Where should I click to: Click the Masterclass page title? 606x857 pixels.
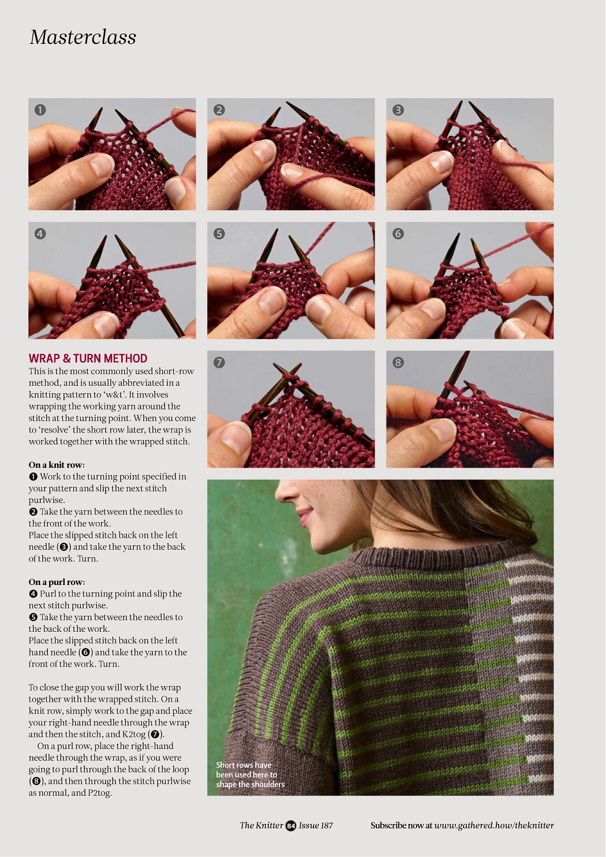click(x=83, y=38)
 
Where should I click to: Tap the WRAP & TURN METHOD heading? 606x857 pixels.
click(x=88, y=359)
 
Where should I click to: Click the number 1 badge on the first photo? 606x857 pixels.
click(x=40, y=110)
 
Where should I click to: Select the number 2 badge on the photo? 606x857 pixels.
click(x=219, y=110)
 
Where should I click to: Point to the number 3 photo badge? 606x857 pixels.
click(x=398, y=110)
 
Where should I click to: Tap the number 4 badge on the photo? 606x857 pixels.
click(x=40, y=234)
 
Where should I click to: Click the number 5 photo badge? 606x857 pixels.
click(x=219, y=234)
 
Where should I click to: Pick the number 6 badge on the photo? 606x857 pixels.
click(x=398, y=234)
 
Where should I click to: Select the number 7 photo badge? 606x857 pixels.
click(x=219, y=362)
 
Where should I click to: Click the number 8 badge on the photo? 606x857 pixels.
click(x=398, y=362)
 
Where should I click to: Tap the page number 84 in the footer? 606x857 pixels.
click(x=291, y=826)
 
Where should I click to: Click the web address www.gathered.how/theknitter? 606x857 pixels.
click(x=494, y=825)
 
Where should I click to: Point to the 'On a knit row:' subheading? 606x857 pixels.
click(x=57, y=465)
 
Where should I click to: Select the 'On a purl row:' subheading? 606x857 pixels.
click(x=57, y=582)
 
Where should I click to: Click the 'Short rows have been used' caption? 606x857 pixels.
click(x=250, y=774)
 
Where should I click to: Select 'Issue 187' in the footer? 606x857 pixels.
click(x=316, y=825)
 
